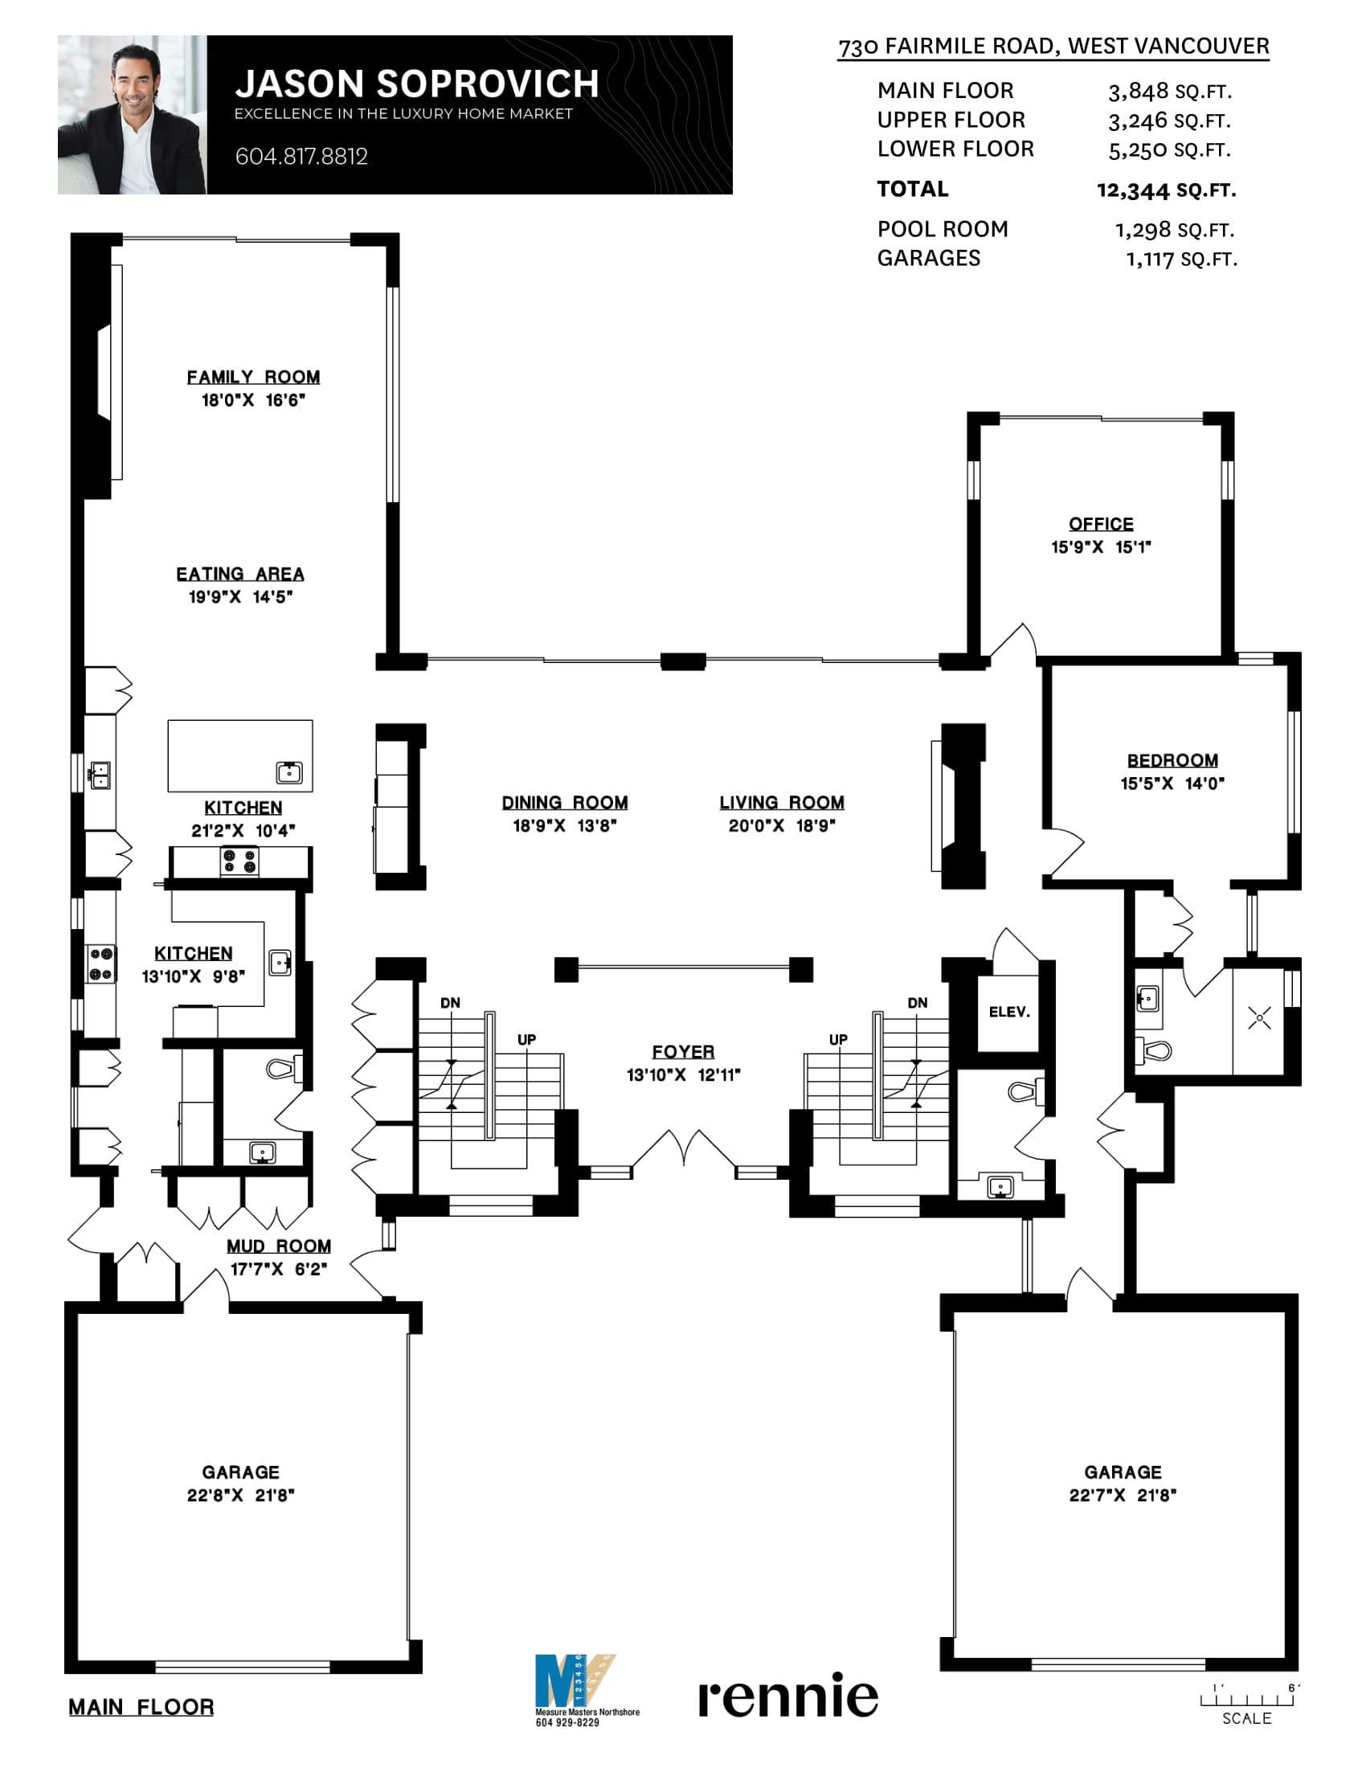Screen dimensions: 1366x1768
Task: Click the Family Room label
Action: pyautogui.click(x=253, y=377)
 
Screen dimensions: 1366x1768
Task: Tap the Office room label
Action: pyautogui.click(x=1101, y=524)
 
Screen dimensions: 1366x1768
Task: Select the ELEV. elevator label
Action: pyautogui.click(x=1009, y=1012)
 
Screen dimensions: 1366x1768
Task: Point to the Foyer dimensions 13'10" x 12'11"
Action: pyautogui.click(x=683, y=1075)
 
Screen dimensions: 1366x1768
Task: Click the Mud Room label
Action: pyautogui.click(x=278, y=1246)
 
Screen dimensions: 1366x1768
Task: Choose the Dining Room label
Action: pyautogui.click(x=565, y=802)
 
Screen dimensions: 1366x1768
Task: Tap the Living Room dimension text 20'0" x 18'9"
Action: pyautogui.click(x=782, y=825)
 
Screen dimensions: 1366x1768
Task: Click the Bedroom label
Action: pyautogui.click(x=1172, y=760)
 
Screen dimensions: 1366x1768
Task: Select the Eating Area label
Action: pyautogui.click(x=240, y=574)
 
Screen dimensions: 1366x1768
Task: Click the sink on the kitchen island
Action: pyautogui.click(x=289, y=772)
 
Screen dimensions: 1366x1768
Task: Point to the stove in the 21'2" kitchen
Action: pyautogui.click(x=239, y=861)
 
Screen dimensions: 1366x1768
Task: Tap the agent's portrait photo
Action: pyautogui.click(x=132, y=114)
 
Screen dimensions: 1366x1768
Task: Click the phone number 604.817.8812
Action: pyautogui.click(x=301, y=156)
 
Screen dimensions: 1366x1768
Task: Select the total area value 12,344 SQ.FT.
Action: pyautogui.click(x=1166, y=191)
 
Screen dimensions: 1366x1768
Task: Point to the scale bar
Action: pyautogui.click(x=1247, y=1700)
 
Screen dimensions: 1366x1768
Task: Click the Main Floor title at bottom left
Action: pyautogui.click(x=141, y=1707)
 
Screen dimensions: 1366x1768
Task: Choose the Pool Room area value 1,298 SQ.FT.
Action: pyautogui.click(x=1174, y=230)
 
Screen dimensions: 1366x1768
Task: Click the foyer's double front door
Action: pyautogui.click(x=684, y=1148)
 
